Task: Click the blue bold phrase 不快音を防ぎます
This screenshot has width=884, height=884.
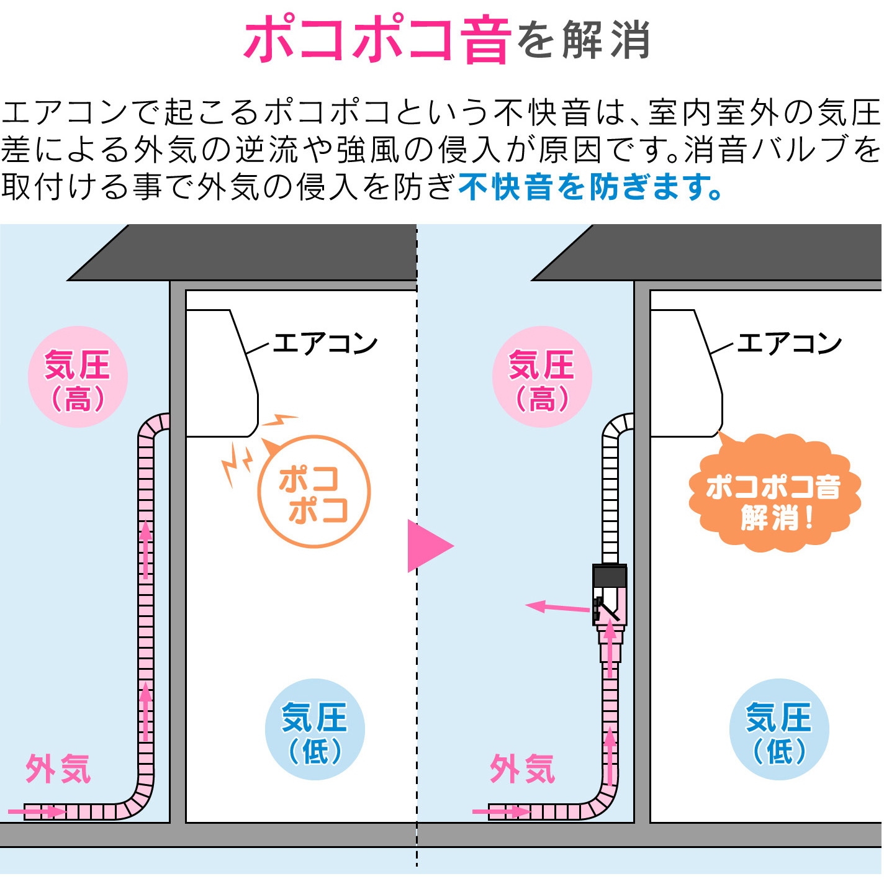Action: (590, 186)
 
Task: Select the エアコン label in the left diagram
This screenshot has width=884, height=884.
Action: (325, 343)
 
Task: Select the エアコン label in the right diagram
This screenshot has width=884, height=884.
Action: (789, 343)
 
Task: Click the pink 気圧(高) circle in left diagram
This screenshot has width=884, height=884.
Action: (78, 377)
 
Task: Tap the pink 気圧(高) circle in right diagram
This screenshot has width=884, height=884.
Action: (542, 377)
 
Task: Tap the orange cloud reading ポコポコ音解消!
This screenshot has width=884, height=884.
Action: (774, 494)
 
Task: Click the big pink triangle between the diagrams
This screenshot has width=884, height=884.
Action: (428, 546)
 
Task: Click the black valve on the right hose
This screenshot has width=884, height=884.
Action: (610, 594)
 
